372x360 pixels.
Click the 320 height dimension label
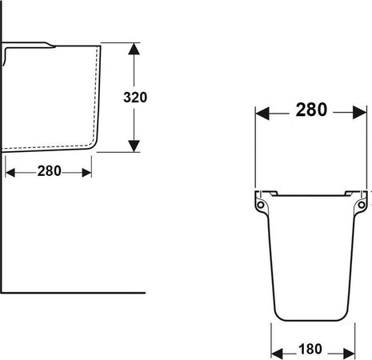pyautogui.click(x=135, y=98)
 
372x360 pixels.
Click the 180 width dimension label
pyautogui.click(x=310, y=350)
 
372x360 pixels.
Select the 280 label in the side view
pyautogui.click(x=50, y=171)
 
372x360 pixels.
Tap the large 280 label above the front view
pyautogui.click(x=311, y=110)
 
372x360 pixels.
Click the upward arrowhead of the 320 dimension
pyautogui.click(x=134, y=49)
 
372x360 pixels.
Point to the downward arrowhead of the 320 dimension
pyautogui.click(x=134, y=146)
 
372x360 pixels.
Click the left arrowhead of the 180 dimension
pyautogui.click(x=277, y=354)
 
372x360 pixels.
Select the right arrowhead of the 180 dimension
pyautogui.click(x=349, y=354)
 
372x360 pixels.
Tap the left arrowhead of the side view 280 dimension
pyautogui.click(x=10, y=173)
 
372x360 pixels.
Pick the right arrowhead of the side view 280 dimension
pyautogui.click(x=87, y=173)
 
